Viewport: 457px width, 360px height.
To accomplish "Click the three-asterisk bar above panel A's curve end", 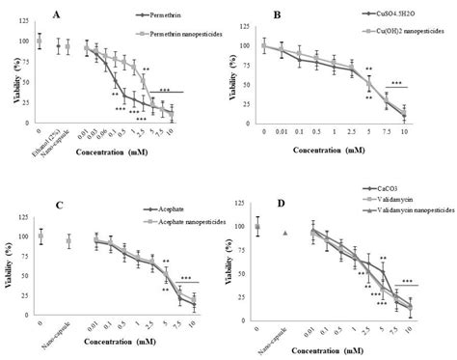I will (197, 92).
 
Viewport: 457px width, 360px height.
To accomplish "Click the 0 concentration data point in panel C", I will (40, 235).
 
